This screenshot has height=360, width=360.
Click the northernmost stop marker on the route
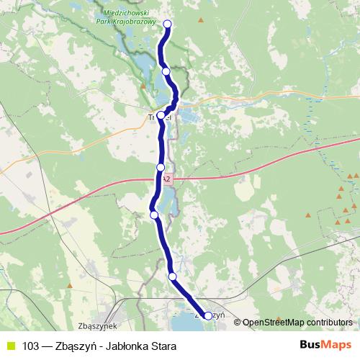click(x=168, y=24)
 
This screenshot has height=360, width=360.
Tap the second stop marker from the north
click(x=166, y=71)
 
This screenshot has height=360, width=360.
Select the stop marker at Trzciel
click(x=161, y=115)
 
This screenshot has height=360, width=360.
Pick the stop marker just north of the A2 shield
click(x=161, y=167)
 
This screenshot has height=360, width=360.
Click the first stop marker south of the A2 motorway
click(x=153, y=214)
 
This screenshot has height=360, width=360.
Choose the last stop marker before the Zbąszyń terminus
click(x=172, y=276)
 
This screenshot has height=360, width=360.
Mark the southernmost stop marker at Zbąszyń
click(x=208, y=315)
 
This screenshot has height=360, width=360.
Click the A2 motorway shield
click(x=166, y=179)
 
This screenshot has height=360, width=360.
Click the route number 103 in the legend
click(x=30, y=346)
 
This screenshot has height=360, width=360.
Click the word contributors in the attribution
click(x=327, y=323)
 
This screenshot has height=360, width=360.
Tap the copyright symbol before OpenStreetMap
click(x=238, y=323)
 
